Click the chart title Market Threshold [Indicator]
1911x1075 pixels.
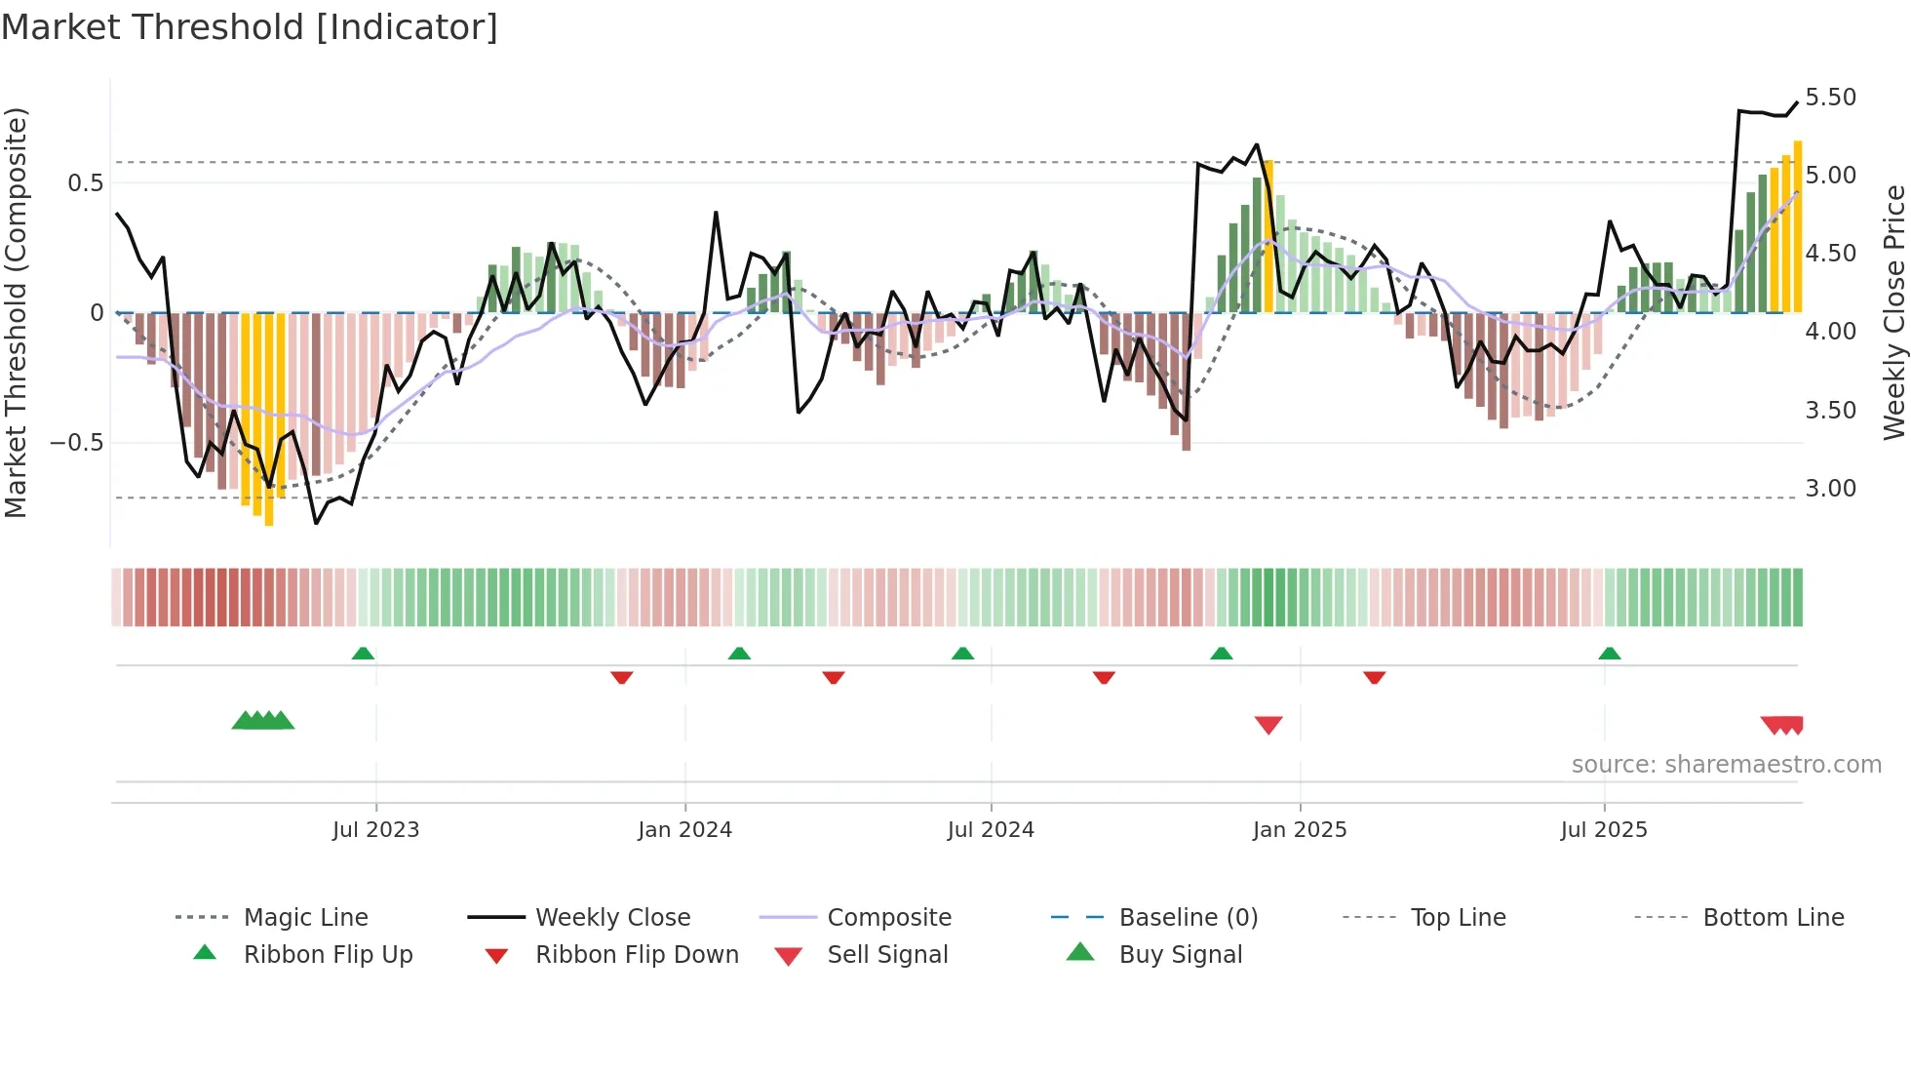pyautogui.click(x=250, y=27)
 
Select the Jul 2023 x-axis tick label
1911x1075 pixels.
pyautogui.click(x=375, y=830)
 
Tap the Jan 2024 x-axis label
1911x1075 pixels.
pyautogui.click(x=684, y=830)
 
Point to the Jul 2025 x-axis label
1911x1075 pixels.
pyautogui.click(x=1603, y=830)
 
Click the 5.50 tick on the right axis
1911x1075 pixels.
pyautogui.click(x=1830, y=98)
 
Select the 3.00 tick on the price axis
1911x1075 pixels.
pyautogui.click(x=1830, y=489)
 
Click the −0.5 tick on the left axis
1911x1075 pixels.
pyautogui.click(x=77, y=443)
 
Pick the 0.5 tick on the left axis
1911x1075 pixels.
pyautogui.click(x=85, y=183)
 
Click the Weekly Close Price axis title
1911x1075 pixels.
pyautogui.click(x=1893, y=312)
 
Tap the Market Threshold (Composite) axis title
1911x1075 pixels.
pyautogui.click(x=16, y=312)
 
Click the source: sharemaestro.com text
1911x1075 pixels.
pyautogui.click(x=1726, y=765)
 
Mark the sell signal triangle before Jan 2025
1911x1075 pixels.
pyautogui.click(x=1268, y=725)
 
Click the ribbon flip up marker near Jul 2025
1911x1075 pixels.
pyautogui.click(x=1610, y=654)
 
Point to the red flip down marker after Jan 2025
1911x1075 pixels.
pyautogui.click(x=1375, y=677)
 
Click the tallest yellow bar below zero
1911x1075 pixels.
pyautogui.click(x=269, y=419)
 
